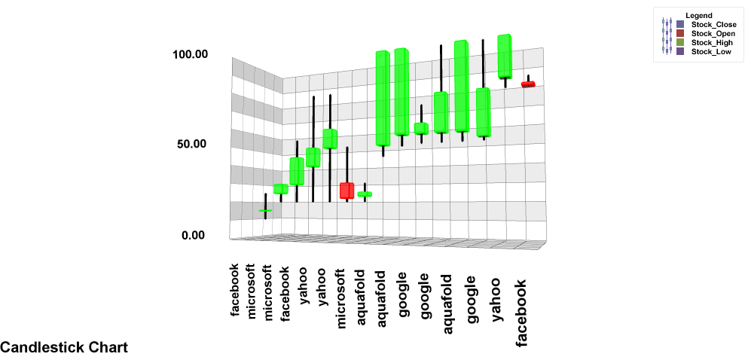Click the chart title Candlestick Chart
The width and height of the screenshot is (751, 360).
point(64,347)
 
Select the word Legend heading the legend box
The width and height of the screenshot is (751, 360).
point(699,15)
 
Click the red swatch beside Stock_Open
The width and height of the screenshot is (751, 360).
point(681,33)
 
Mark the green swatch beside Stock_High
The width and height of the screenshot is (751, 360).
point(681,42)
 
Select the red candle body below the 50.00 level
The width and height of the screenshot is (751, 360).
point(346,191)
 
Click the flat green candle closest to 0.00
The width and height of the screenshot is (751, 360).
point(265,210)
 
